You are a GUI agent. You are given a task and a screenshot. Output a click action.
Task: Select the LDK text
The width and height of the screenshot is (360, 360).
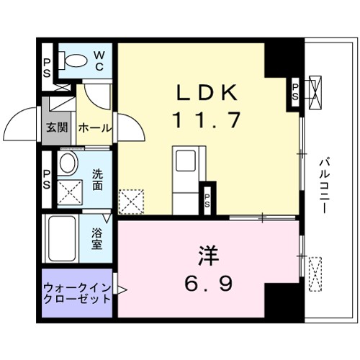pyautogui.click(x=204, y=94)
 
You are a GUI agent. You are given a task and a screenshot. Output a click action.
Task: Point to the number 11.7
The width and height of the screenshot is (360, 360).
pyautogui.click(x=204, y=120)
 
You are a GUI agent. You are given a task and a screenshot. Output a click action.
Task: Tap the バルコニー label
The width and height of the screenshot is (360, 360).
pyautogui.click(x=325, y=183)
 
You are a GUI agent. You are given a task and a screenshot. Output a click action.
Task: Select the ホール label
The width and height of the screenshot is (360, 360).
pyautogui.click(x=94, y=128)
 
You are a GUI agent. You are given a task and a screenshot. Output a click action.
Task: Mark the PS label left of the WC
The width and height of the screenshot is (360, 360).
pyautogui.click(x=46, y=67)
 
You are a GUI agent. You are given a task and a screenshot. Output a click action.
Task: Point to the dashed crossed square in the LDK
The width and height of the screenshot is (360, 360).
pyautogui.click(x=132, y=201)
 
